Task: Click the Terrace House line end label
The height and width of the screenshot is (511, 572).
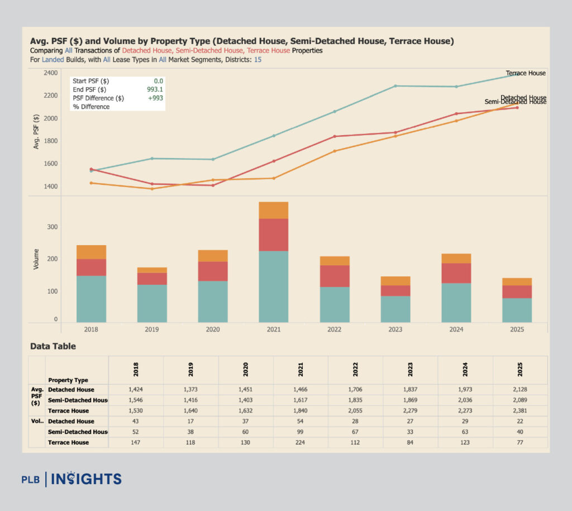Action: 525,73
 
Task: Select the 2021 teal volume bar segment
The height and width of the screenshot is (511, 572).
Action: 273,286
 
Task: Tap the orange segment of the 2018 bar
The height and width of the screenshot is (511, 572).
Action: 91,252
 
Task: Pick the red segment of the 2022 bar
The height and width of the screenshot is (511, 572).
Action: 334,276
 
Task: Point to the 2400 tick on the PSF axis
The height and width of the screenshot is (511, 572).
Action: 50,73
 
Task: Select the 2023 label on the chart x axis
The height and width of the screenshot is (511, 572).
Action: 395,330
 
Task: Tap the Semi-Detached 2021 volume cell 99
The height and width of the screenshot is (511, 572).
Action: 301,432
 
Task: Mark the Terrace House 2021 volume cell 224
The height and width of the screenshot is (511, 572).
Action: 301,442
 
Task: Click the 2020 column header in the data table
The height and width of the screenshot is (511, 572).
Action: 246,370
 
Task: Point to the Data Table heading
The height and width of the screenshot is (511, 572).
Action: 53,346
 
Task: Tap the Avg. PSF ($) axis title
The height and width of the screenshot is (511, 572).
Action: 36,131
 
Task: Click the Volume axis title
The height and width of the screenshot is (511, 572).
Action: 36,259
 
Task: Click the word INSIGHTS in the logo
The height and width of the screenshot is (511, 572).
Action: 87,479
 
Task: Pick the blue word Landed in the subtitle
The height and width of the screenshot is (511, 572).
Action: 54,59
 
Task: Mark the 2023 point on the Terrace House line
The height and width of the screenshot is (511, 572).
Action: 395,86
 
